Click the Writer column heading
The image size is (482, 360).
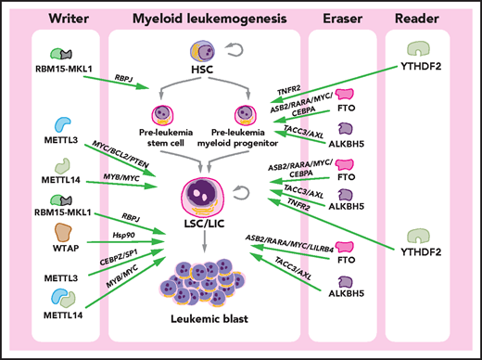[60, 18]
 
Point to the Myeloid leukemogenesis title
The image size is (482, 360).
[201, 18]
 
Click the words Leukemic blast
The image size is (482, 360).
[203, 322]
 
